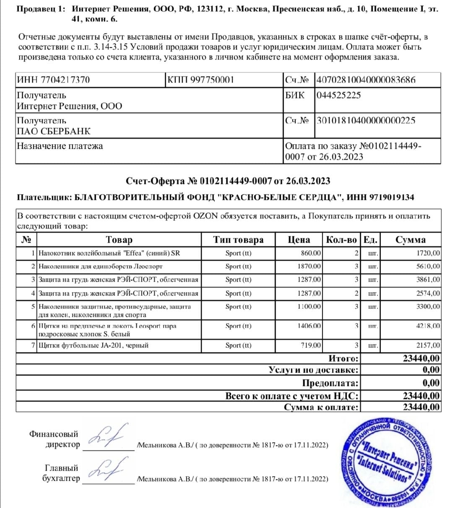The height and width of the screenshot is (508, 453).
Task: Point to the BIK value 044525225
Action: click(x=338, y=95)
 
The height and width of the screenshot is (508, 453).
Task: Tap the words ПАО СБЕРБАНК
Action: click(x=53, y=131)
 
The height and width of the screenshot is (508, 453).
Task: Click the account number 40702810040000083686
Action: click(x=366, y=79)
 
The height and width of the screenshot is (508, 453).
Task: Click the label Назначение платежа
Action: click(x=60, y=146)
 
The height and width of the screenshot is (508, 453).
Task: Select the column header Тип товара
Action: click(x=238, y=240)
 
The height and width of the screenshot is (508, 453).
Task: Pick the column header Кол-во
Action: click(x=341, y=240)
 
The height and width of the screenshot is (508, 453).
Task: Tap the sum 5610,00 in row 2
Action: click(x=428, y=266)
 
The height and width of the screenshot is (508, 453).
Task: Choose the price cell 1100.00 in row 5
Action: click(x=309, y=307)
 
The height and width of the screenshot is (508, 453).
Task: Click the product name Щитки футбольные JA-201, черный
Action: click(x=93, y=345)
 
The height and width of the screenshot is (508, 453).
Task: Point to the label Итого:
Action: click(x=344, y=358)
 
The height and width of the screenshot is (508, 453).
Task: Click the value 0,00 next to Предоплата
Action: click(x=431, y=383)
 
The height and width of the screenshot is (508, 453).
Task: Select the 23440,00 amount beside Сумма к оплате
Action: click(x=422, y=407)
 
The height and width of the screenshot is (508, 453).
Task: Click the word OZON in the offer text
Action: click(x=206, y=216)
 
